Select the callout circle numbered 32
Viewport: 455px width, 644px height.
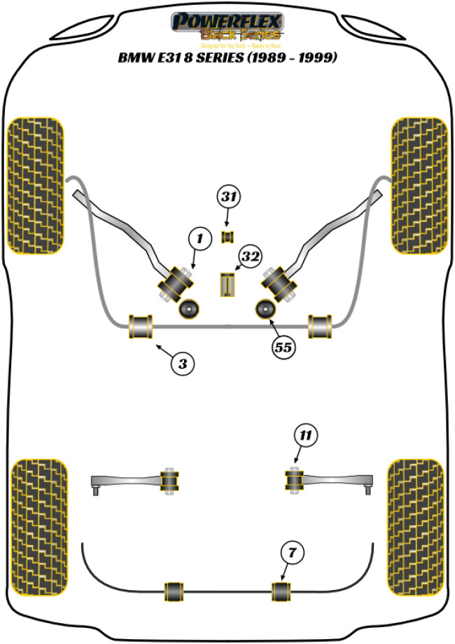coord(251,257)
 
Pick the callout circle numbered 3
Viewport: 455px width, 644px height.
coord(182,363)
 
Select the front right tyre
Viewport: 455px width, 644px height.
coord(419,186)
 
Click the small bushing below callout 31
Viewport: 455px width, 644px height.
coord(227,237)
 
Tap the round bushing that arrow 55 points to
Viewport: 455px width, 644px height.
coord(266,308)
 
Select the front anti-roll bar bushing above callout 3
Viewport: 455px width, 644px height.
coord(141,327)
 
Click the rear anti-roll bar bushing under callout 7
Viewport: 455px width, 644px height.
coord(281,591)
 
